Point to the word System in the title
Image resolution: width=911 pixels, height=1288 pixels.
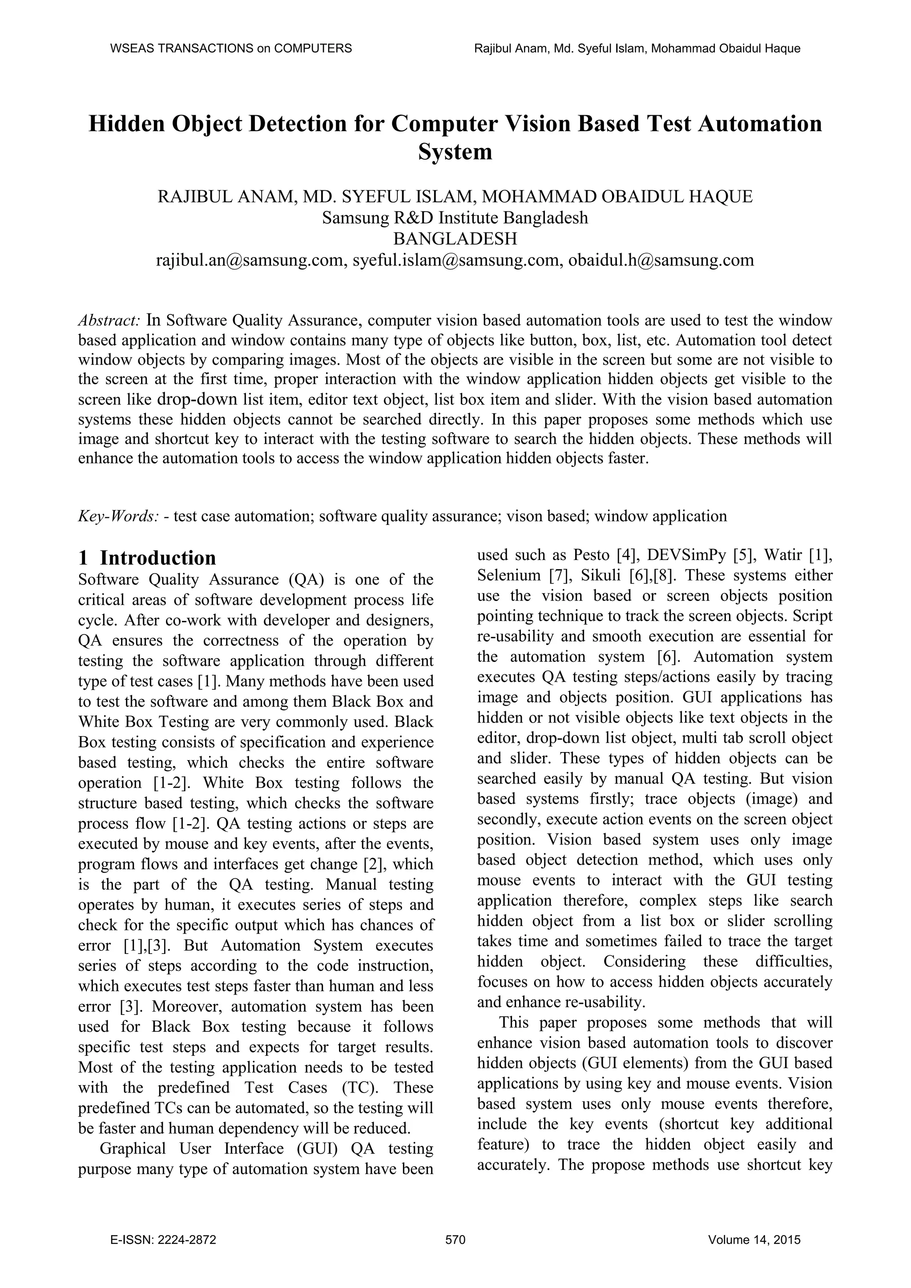tap(455, 152)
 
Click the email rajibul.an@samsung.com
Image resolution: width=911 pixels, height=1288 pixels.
tap(249, 260)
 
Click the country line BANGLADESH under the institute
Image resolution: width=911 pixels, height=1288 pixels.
tap(455, 239)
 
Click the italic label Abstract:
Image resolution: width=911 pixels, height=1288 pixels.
tap(109, 321)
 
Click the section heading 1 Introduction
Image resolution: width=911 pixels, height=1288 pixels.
tap(147, 558)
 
